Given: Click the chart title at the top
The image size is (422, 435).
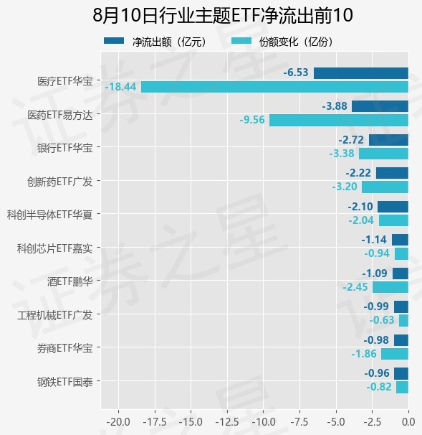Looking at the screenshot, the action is (x=223, y=15).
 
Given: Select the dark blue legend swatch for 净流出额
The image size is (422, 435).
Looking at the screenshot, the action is (x=114, y=41).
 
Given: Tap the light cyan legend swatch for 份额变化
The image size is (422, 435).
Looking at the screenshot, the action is (x=241, y=41).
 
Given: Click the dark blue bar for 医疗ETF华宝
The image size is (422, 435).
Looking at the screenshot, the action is (x=361, y=73).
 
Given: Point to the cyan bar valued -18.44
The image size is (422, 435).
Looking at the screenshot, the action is (x=274, y=87).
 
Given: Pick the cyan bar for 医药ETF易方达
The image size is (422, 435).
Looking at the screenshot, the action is (x=339, y=121).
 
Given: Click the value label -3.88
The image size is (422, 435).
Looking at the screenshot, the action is (x=335, y=106).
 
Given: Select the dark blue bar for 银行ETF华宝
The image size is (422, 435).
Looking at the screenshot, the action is (x=388, y=140).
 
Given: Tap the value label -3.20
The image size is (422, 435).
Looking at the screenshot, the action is (x=345, y=187).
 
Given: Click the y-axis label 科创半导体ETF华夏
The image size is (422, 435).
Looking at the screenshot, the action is (x=49, y=215).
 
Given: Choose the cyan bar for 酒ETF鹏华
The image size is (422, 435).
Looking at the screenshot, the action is (x=390, y=287).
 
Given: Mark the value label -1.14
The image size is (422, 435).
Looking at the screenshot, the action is (x=374, y=240).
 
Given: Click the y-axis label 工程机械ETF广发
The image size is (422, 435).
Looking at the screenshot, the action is (x=54, y=315).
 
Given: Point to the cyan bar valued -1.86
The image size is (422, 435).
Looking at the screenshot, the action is (x=395, y=354).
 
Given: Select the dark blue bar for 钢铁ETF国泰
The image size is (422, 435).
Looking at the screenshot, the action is (x=401, y=373).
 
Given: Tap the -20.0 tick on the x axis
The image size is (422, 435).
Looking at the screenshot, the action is (x=118, y=422).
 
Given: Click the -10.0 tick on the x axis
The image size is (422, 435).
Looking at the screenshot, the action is (x=264, y=422).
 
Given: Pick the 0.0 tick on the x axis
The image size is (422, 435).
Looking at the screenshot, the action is (x=408, y=422).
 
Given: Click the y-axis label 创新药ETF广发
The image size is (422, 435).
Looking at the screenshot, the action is (x=59, y=182).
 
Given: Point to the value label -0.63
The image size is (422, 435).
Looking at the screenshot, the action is (x=382, y=320).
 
